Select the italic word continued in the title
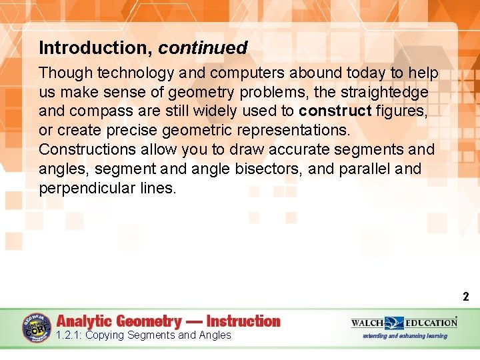click(x=203, y=48)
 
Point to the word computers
click(x=220, y=72)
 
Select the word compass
click(x=93, y=111)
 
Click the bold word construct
click(x=335, y=111)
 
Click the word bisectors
click(x=270, y=169)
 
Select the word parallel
click(x=364, y=169)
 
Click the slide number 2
click(x=466, y=297)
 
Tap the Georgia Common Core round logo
click(x=37, y=328)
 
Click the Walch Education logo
click(x=404, y=323)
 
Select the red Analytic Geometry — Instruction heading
click(x=169, y=321)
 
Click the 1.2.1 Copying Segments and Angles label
click(x=143, y=335)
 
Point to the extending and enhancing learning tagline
click(x=405, y=336)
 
